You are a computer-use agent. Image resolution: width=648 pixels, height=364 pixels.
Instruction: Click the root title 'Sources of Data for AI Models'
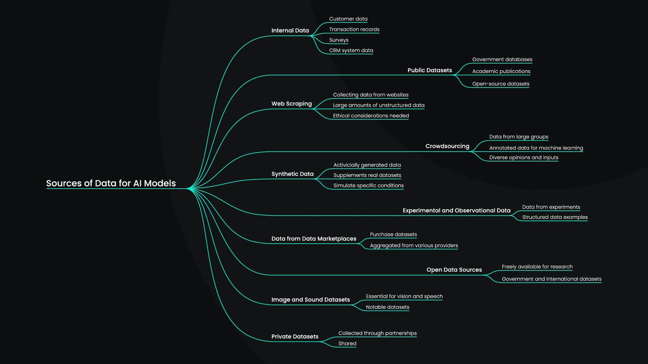(111, 183)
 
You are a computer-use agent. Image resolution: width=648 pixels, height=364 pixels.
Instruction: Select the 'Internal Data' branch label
(290, 31)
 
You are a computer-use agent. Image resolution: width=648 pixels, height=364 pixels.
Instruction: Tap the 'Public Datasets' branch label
(430, 70)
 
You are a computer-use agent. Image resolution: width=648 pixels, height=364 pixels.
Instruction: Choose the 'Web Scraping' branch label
(292, 104)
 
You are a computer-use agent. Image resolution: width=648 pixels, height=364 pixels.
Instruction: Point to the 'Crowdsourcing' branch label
(447, 146)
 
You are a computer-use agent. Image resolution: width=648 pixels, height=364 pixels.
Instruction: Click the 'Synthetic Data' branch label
(292, 174)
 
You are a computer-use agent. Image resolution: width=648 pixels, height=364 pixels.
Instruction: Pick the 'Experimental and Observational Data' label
(457, 210)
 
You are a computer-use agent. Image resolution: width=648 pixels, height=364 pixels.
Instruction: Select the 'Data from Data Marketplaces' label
(314, 239)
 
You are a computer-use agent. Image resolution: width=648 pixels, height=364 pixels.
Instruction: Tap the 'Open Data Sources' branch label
(454, 270)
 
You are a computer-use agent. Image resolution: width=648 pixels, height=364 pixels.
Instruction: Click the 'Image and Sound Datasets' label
(310, 300)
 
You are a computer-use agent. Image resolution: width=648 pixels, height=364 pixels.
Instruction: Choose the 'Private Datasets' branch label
(295, 336)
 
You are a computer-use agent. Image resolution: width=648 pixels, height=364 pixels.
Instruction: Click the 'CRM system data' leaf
(351, 51)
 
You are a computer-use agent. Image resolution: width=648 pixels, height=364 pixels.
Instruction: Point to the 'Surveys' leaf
(339, 40)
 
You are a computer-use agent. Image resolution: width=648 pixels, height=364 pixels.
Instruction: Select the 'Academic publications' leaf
(501, 71)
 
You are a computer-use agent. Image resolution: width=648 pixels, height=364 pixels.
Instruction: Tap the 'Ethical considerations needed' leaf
(371, 116)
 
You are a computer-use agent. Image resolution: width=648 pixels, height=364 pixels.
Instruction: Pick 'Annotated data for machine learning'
(536, 148)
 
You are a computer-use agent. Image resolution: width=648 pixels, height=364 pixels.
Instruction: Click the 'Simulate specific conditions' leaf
(369, 185)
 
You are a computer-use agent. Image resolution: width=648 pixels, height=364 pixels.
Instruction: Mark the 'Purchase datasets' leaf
(394, 234)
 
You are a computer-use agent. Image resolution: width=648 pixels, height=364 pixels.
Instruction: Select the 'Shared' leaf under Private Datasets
(347, 343)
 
